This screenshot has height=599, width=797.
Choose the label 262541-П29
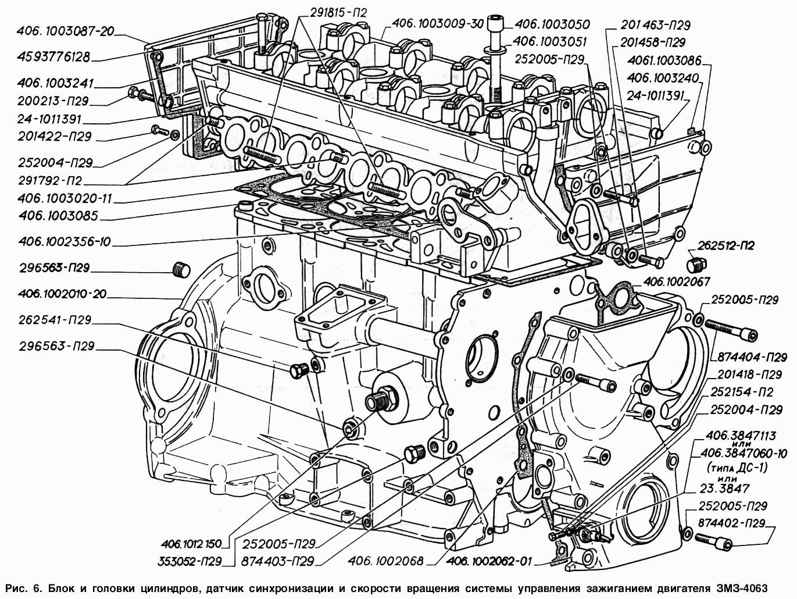[50, 320]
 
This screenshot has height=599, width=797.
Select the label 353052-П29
[190, 562]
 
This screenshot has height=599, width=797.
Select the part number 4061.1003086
[665, 59]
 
